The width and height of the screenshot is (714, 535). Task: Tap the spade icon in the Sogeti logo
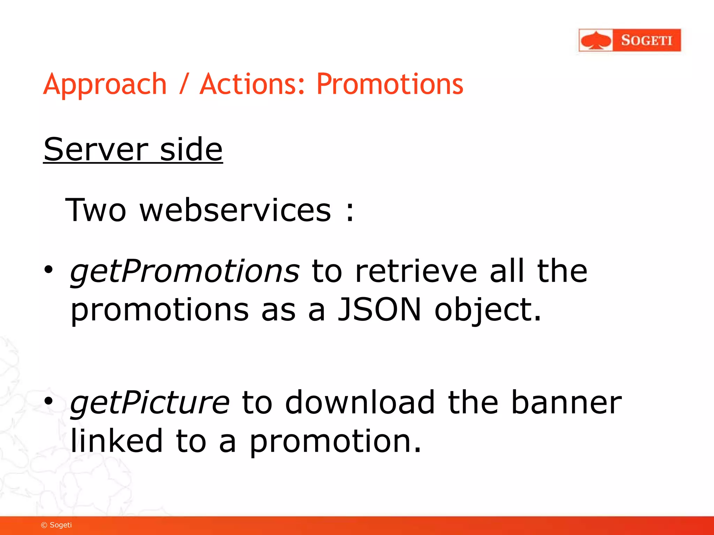(x=596, y=40)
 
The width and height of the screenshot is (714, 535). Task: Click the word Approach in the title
(x=105, y=85)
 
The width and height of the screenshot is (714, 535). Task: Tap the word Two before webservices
(x=96, y=210)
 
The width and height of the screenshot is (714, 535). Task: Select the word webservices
(x=235, y=210)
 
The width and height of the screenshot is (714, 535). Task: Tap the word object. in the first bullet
(x=488, y=310)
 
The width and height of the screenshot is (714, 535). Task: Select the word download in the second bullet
(x=360, y=402)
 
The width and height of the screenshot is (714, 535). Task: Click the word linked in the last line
(x=116, y=441)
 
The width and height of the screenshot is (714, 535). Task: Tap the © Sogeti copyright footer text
(x=56, y=525)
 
